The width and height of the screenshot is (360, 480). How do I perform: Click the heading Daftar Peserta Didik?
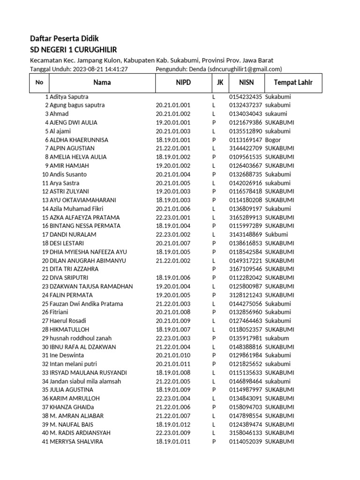[x=64, y=38]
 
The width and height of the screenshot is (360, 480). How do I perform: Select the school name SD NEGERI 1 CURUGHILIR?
[x=74, y=50]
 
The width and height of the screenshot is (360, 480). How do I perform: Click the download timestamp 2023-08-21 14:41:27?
[x=100, y=69]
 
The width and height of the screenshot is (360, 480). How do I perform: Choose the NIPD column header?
[x=183, y=83]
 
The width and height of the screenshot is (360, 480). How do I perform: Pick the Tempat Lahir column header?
[x=293, y=83]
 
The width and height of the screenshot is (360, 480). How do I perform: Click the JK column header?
[x=219, y=83]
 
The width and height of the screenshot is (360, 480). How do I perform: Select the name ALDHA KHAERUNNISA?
[x=79, y=140]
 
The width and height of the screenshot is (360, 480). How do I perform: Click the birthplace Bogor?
[x=273, y=140]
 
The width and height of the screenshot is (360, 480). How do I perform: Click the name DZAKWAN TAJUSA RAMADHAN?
[x=91, y=286]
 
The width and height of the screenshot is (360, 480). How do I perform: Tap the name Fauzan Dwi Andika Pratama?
[x=86, y=304]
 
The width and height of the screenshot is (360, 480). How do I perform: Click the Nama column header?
[x=102, y=83]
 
